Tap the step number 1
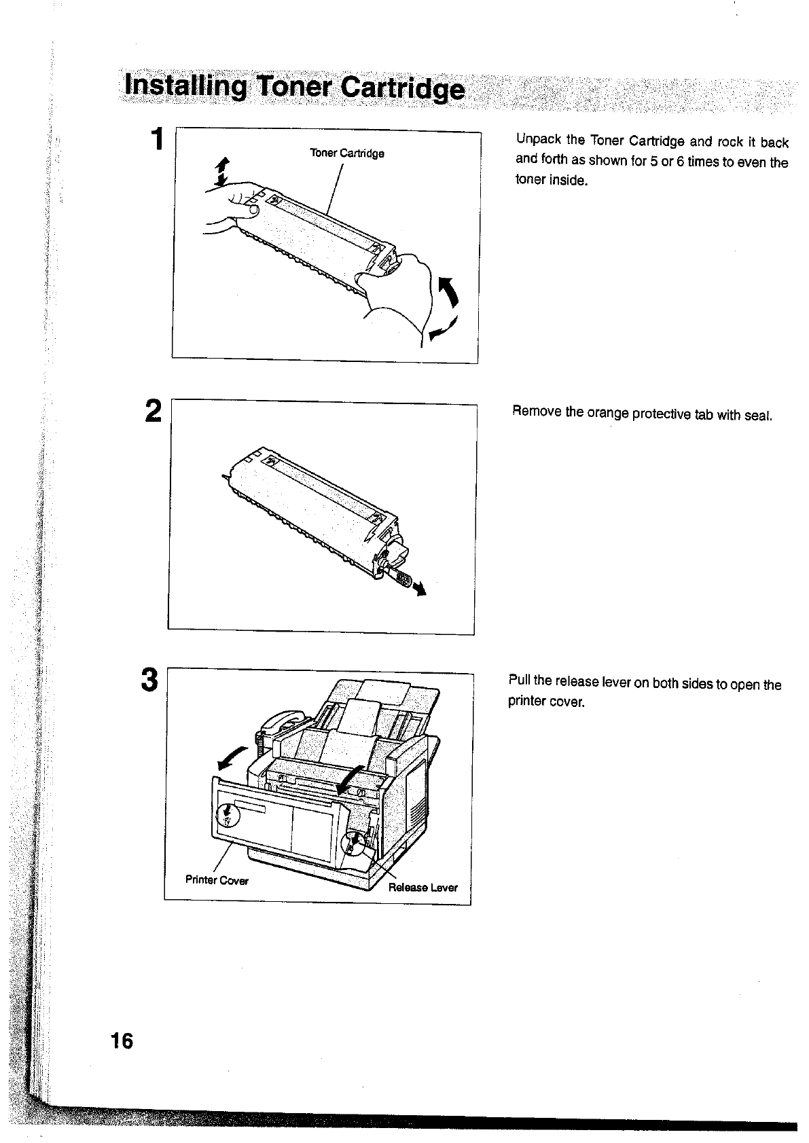[158, 140]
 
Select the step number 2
[154, 412]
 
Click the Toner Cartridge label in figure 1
[347, 153]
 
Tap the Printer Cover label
[217, 880]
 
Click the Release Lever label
[423, 887]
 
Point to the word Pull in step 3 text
[520, 681]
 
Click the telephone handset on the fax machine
[275, 727]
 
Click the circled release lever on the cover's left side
[228, 813]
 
